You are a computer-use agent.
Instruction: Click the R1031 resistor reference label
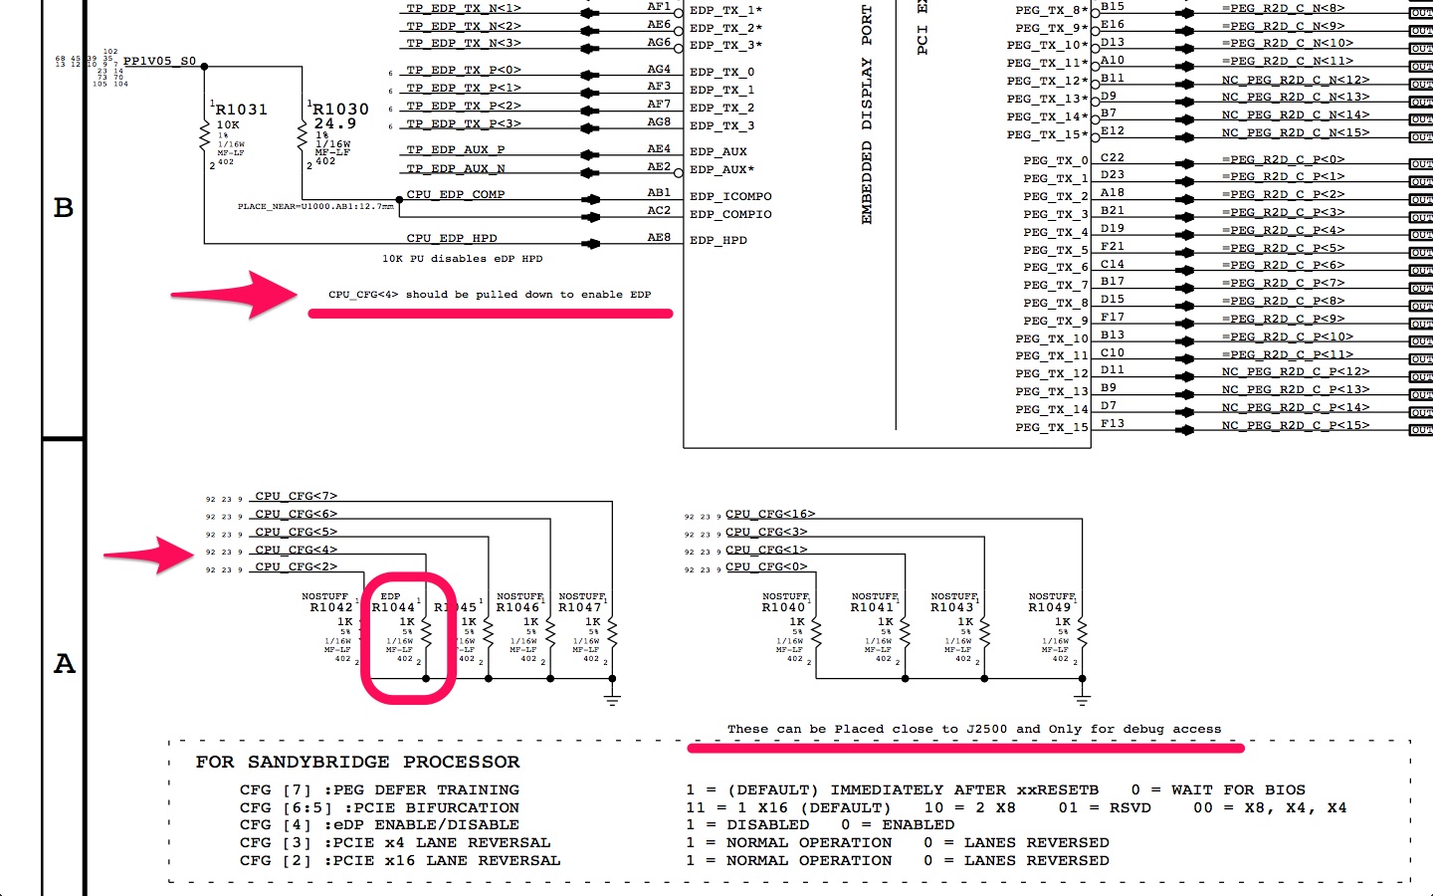point(242,110)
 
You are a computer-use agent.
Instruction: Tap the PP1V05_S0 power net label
point(159,61)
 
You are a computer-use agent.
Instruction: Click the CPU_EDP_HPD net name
point(451,238)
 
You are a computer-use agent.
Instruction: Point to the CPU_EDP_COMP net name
point(455,194)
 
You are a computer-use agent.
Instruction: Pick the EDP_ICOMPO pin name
point(730,196)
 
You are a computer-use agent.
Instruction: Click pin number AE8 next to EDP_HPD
point(659,237)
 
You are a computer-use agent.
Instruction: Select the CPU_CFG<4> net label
point(296,550)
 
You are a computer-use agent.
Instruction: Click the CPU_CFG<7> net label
point(296,496)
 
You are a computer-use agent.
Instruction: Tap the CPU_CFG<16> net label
point(770,514)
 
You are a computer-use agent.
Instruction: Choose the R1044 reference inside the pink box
point(393,607)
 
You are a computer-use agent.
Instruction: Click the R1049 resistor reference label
point(1050,607)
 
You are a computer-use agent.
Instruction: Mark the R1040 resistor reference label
point(783,607)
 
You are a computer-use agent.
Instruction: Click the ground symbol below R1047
point(612,699)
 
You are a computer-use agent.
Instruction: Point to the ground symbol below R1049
point(1082,699)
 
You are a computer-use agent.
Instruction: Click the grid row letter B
point(64,207)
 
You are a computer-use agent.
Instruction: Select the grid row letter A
point(64,664)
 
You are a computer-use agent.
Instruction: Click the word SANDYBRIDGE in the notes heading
point(318,762)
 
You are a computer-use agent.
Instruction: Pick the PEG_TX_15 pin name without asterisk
point(1051,427)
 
